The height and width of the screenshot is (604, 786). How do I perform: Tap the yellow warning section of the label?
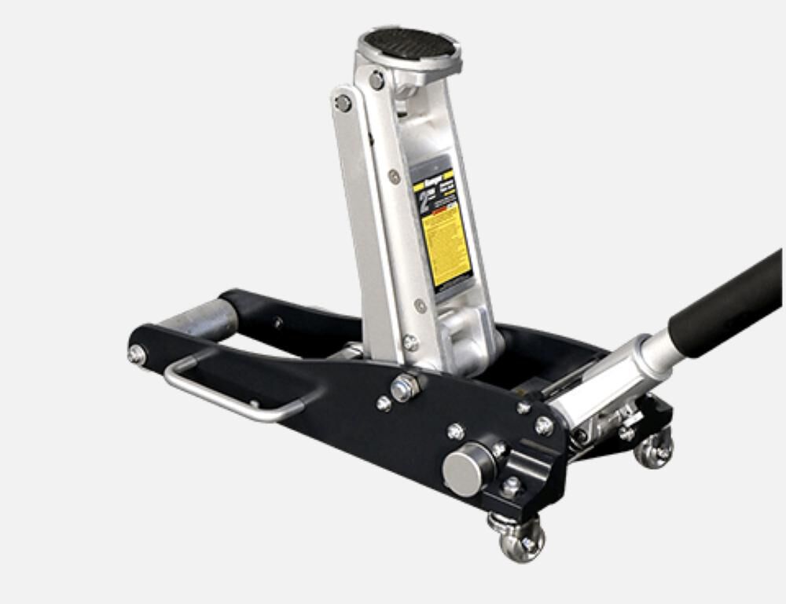pyautogui.click(x=446, y=243)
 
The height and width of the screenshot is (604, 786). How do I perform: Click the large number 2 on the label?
pyautogui.click(x=424, y=201)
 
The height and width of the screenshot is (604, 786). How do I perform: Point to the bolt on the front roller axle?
pyautogui.click(x=137, y=354)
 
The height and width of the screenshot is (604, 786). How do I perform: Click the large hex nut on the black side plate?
pyautogui.click(x=405, y=386)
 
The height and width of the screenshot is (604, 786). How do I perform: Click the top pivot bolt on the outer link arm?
pyautogui.click(x=343, y=103)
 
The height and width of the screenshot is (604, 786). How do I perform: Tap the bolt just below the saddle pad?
pyautogui.click(x=377, y=79)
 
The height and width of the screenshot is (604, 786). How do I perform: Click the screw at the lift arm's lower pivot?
pyautogui.click(x=410, y=342)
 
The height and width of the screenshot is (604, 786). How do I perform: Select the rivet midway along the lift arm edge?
pyautogui.click(x=394, y=177)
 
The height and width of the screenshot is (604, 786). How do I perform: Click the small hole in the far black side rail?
pyautogui.click(x=277, y=321)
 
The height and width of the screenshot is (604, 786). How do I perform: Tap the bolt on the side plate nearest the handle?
pyautogui.click(x=544, y=425)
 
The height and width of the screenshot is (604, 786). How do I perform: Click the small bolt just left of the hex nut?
pyautogui.click(x=384, y=403)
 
